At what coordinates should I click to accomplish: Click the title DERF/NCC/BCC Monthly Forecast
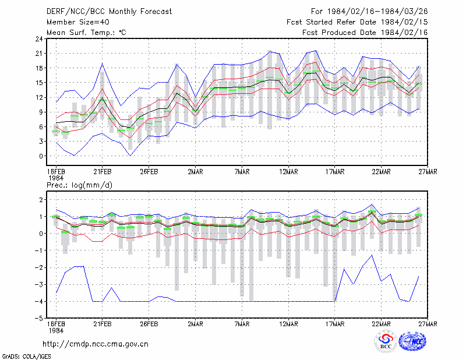click(x=109, y=12)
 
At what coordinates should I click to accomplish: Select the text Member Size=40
click(x=78, y=22)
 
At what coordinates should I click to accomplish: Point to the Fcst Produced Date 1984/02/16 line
click(x=365, y=33)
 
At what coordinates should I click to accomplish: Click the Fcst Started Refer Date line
click(x=357, y=22)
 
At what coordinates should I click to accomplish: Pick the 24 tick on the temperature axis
click(x=39, y=39)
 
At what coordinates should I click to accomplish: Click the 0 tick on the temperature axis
click(x=41, y=156)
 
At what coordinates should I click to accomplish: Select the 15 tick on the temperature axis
click(x=39, y=83)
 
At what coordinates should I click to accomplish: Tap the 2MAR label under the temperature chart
click(x=195, y=172)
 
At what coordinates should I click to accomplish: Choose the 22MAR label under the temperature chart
click(x=381, y=172)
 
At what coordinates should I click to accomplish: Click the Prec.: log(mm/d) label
click(x=80, y=185)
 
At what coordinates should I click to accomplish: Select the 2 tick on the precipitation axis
click(x=41, y=199)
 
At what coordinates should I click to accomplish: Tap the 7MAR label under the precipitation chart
click(x=242, y=324)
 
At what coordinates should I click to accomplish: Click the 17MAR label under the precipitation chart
click(x=334, y=324)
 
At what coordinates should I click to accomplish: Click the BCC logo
click(x=386, y=341)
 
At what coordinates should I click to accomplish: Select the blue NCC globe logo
click(x=412, y=341)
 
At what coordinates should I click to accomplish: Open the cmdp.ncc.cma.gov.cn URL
click(x=96, y=344)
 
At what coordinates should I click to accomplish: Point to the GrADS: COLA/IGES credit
click(x=26, y=357)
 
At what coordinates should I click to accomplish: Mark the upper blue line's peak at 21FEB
click(x=103, y=63)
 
